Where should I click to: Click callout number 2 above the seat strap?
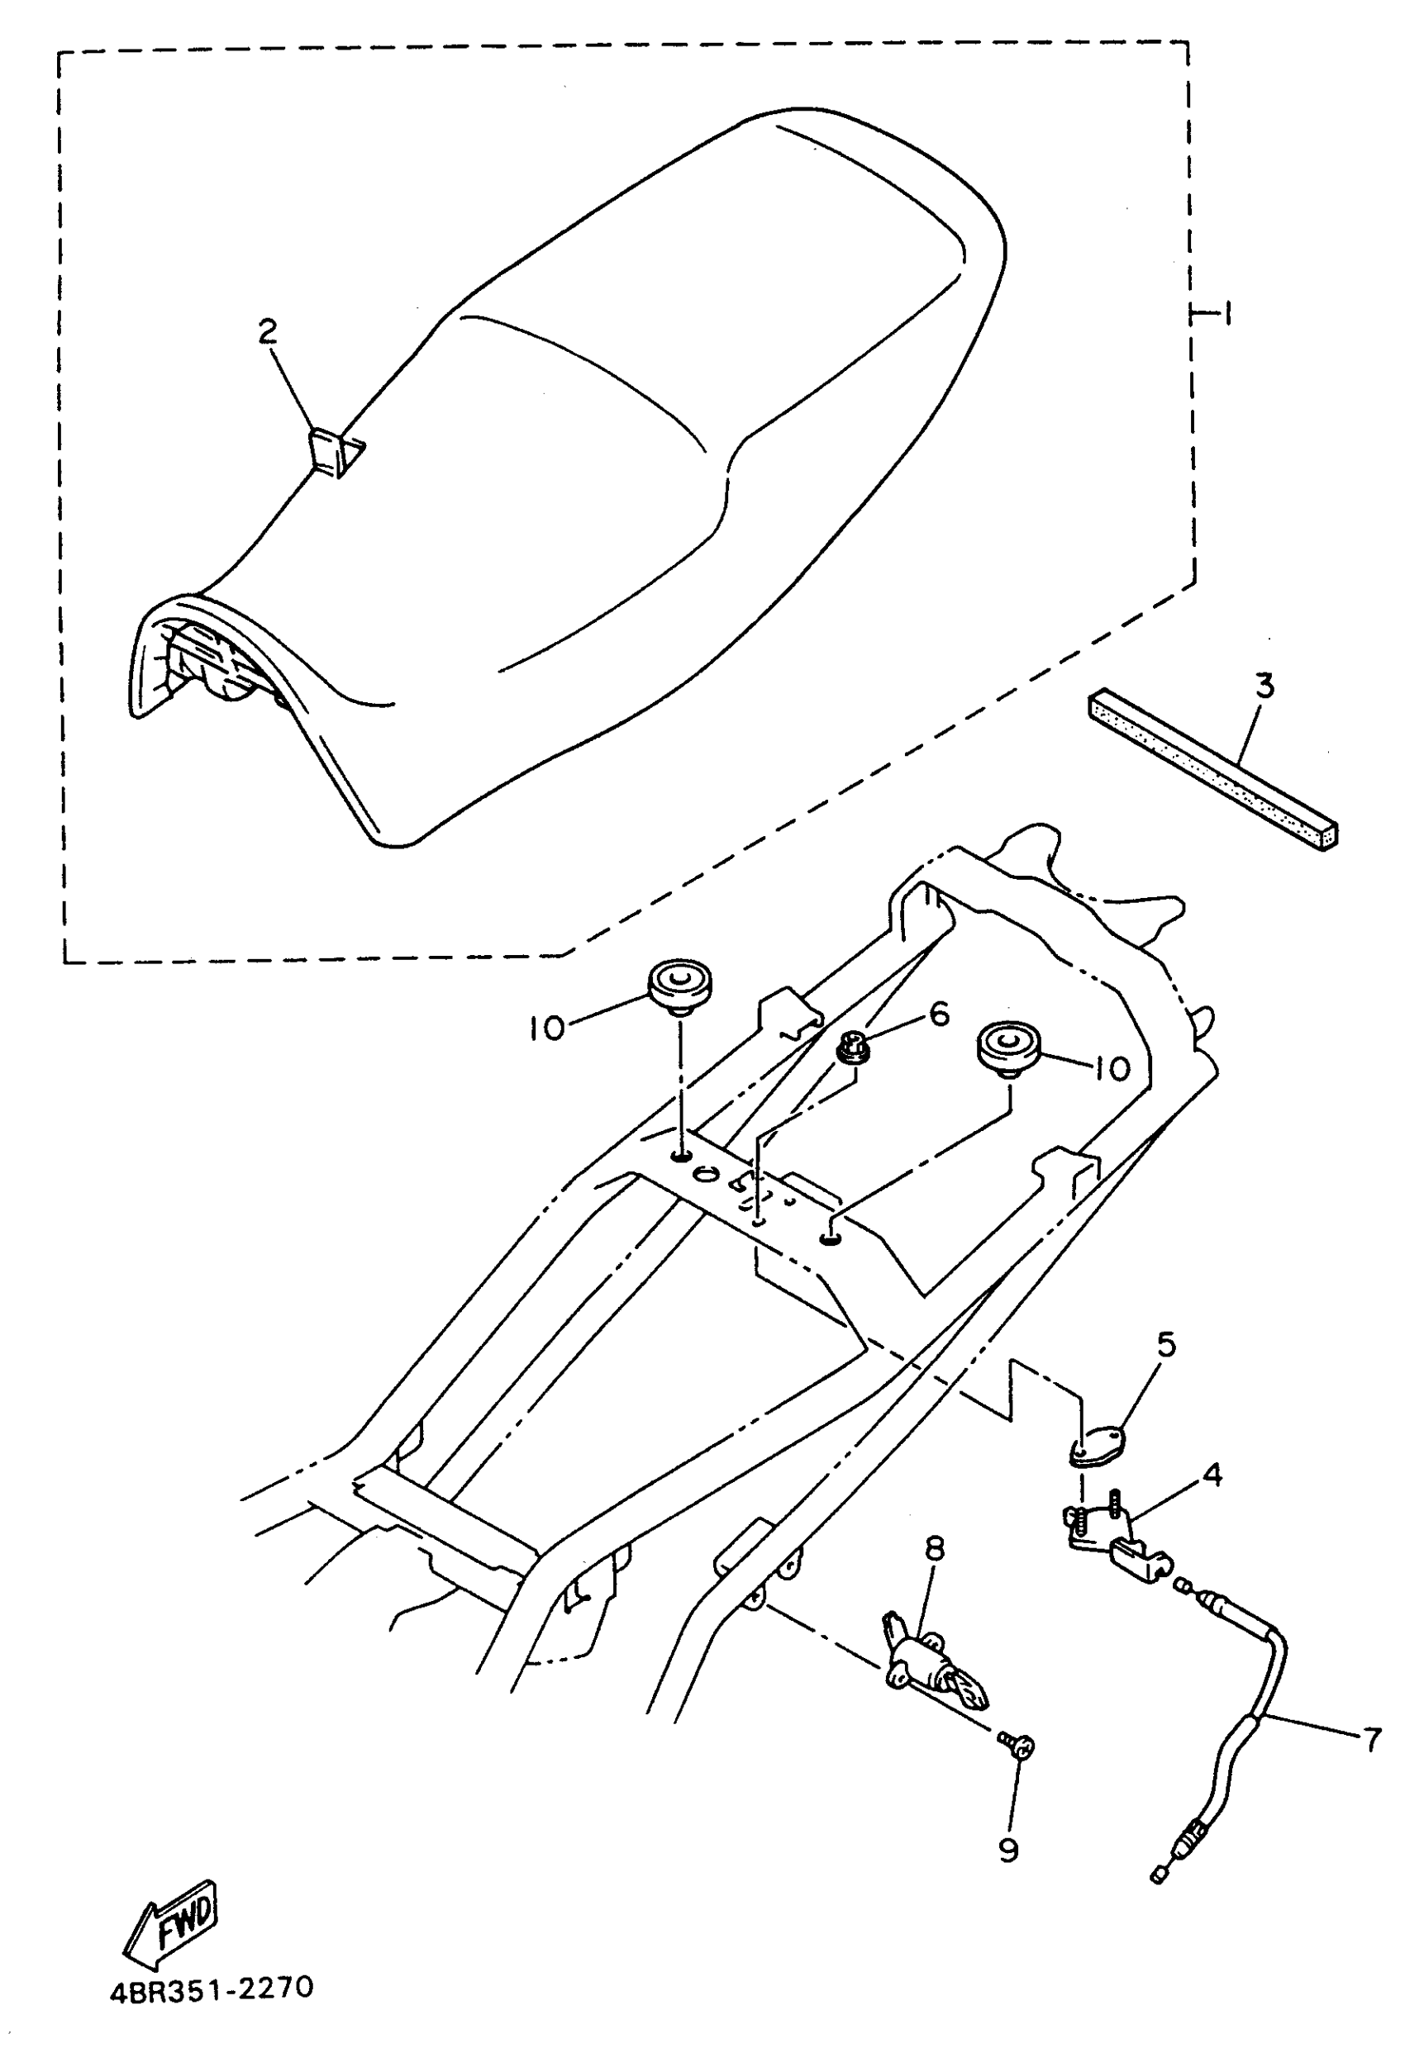coord(266,332)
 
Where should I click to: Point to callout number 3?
coord(1264,686)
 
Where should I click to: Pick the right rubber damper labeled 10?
coord(1008,1048)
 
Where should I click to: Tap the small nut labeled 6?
coord(853,1048)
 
